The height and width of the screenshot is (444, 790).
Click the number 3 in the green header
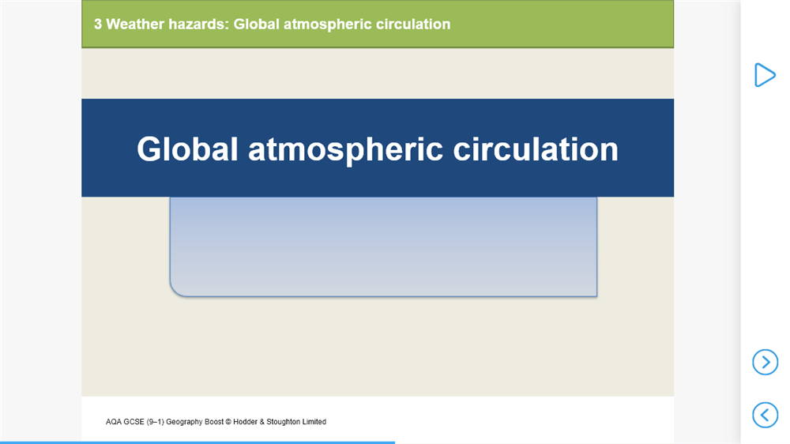[x=98, y=24]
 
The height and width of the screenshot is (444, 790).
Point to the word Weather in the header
[x=135, y=24]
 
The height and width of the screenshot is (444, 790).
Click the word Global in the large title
[x=187, y=149]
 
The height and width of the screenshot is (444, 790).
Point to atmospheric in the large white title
[x=345, y=150]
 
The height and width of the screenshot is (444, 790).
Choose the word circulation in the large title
[x=536, y=149]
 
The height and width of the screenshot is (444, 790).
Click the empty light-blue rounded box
[x=383, y=246]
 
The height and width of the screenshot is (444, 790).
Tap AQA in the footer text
[x=113, y=422]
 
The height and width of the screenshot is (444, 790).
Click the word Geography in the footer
[x=183, y=422]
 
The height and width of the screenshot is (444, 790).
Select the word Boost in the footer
[x=213, y=422]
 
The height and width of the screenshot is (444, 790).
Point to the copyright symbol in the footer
[x=228, y=422]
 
